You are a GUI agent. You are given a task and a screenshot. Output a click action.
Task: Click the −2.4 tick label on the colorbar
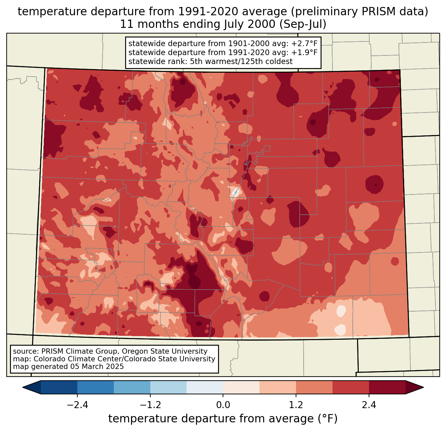point(77,405)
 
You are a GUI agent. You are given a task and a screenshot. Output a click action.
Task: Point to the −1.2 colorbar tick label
point(150,405)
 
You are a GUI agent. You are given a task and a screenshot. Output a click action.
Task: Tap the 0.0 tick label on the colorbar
point(223,405)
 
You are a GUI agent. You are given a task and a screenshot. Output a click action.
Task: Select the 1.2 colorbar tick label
point(296,405)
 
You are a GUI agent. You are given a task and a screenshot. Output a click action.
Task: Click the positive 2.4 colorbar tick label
point(369,405)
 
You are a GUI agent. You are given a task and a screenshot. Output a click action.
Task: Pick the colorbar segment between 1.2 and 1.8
point(314,387)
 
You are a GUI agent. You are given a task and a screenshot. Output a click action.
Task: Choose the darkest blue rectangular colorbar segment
point(59,387)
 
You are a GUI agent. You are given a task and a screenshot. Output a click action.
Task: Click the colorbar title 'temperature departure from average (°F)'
point(223,419)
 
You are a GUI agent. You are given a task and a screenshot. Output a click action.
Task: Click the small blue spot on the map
point(236,192)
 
